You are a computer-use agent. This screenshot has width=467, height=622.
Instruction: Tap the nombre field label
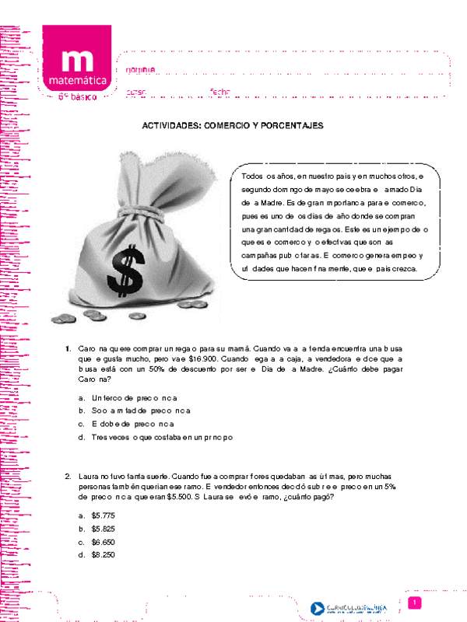(141, 69)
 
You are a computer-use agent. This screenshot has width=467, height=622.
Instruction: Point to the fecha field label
(220, 92)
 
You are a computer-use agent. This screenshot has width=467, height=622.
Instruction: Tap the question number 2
(68, 475)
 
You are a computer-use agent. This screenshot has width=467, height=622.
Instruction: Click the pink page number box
(416, 603)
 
